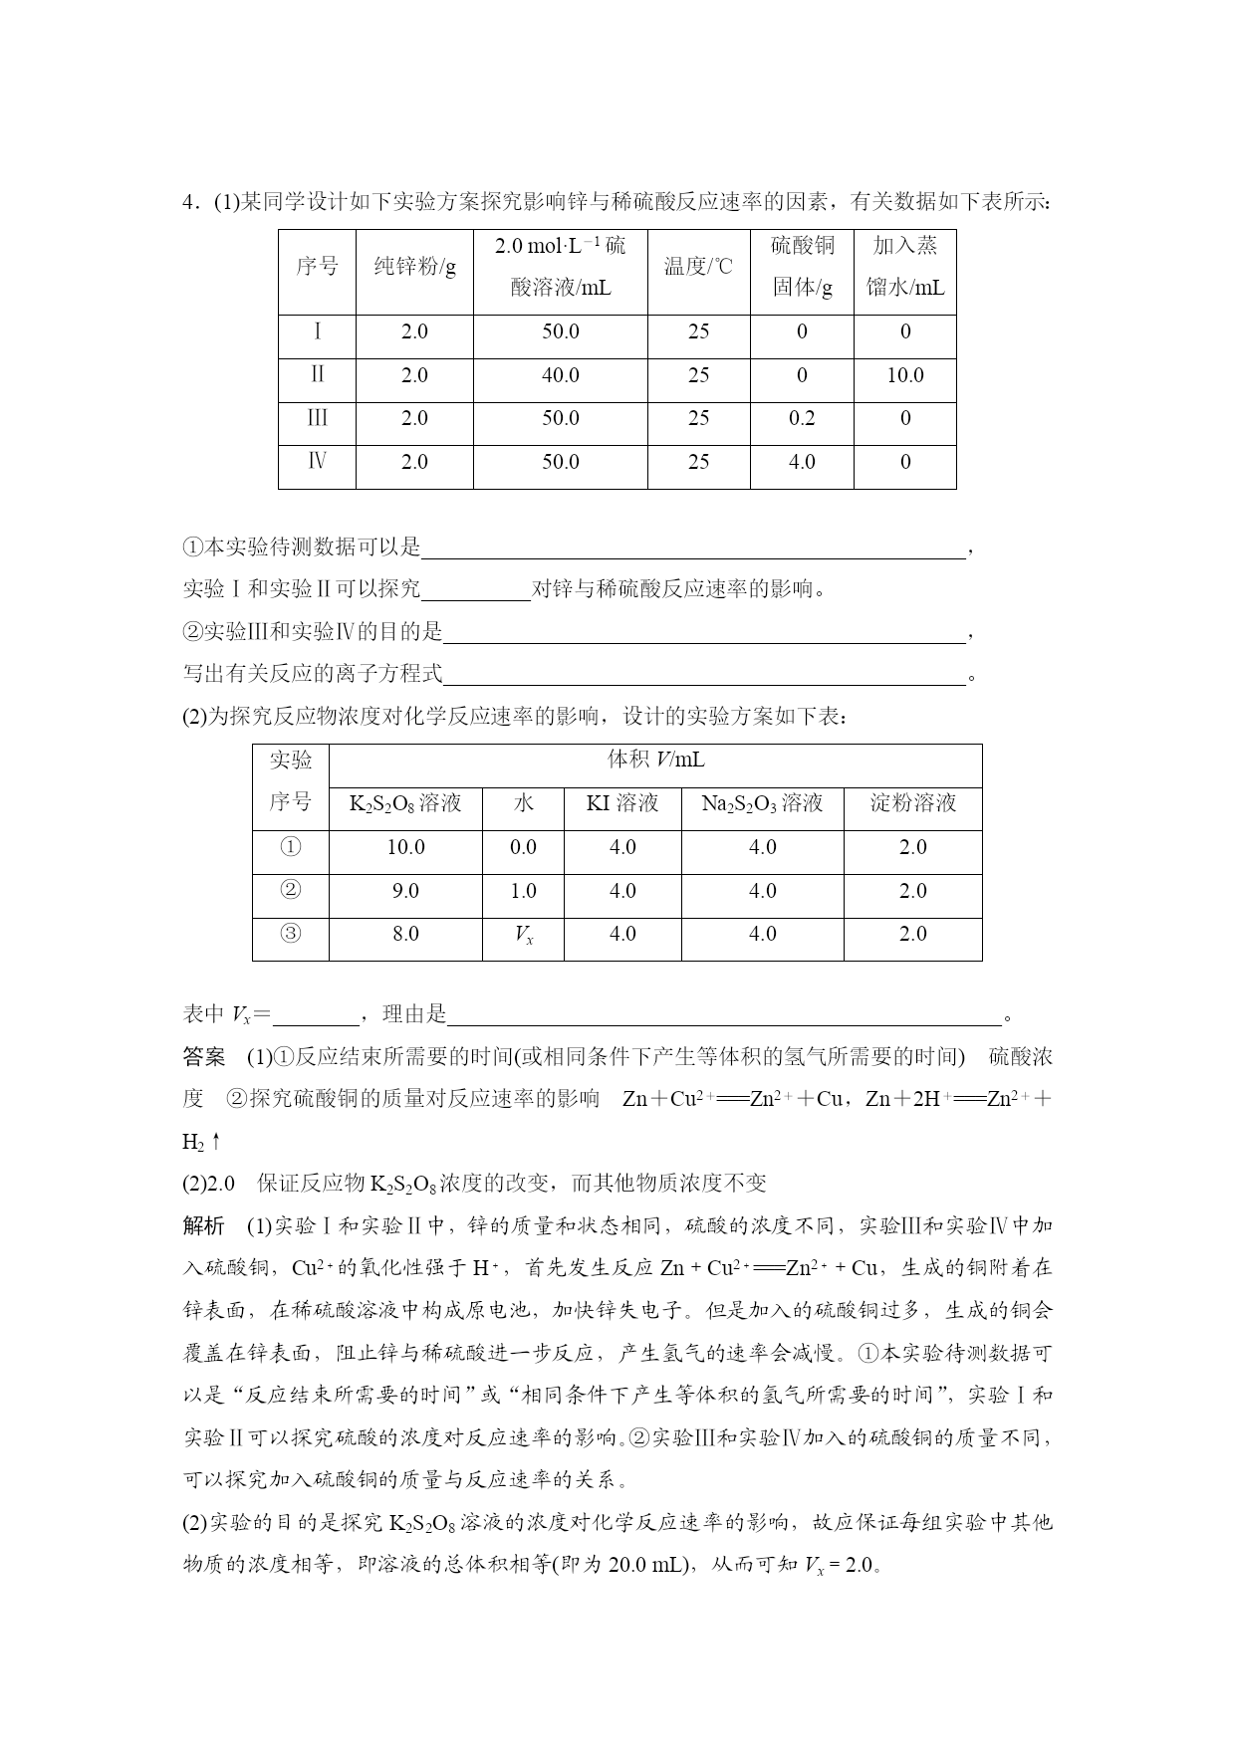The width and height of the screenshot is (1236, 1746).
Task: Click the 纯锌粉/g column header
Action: click(x=414, y=267)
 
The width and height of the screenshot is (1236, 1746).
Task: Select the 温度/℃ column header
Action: click(x=698, y=267)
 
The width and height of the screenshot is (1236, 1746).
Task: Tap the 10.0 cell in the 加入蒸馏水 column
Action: click(x=904, y=375)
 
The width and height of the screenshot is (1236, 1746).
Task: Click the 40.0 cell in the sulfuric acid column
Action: click(x=560, y=375)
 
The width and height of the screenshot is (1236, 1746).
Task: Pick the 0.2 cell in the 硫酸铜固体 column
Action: click(x=802, y=418)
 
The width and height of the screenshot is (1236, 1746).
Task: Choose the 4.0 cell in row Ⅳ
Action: click(x=802, y=462)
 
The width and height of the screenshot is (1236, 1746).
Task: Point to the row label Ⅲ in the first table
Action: click(x=317, y=418)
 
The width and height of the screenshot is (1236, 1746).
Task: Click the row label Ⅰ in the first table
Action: click(x=317, y=331)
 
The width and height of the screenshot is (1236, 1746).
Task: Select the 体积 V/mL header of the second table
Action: click(x=655, y=761)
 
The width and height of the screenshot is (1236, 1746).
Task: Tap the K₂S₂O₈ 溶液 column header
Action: click(x=405, y=803)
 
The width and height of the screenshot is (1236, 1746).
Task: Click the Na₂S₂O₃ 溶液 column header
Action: click(x=762, y=803)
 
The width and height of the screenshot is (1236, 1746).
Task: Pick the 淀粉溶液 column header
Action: click(x=912, y=803)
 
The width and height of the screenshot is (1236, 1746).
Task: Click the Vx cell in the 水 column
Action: click(x=523, y=935)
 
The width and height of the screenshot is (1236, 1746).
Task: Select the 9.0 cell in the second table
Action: click(x=405, y=891)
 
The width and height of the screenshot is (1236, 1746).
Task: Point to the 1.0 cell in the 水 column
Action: click(x=523, y=891)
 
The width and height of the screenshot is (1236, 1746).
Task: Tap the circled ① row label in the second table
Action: click(x=290, y=847)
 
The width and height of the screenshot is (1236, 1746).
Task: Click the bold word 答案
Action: click(x=204, y=1056)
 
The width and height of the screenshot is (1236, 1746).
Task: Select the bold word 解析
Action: click(x=204, y=1225)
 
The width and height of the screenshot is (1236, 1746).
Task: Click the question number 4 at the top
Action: click(x=188, y=203)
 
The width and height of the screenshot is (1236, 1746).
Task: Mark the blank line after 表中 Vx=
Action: click(x=315, y=1015)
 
